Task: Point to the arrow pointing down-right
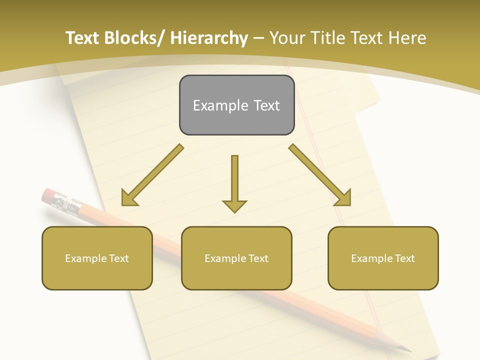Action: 320,175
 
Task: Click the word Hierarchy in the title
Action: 209,38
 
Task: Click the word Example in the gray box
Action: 213,105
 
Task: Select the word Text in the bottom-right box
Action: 404,258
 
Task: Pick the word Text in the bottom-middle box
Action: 258,258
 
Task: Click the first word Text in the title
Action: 82,38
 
